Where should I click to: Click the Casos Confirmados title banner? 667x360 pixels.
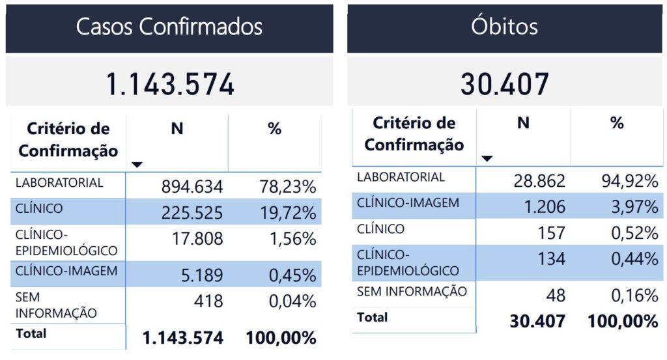coord(169,27)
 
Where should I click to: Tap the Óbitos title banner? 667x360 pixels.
coord(505,27)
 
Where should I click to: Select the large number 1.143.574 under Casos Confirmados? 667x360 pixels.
coord(169,85)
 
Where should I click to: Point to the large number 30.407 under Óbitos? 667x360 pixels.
coord(505,85)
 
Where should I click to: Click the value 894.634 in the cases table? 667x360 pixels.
coord(192,187)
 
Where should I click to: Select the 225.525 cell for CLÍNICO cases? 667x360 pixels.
coord(192,213)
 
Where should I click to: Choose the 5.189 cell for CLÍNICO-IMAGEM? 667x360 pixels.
coord(203,275)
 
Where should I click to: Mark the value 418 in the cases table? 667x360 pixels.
coord(209,301)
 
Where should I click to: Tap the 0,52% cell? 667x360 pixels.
coord(632,232)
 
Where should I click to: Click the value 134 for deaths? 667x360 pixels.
coord(551,258)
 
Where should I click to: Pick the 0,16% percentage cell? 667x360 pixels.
coord(632,296)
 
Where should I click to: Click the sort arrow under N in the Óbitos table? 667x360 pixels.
coord(487,158)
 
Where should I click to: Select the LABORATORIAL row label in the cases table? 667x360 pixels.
coord(59,183)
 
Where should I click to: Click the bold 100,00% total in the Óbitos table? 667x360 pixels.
coord(623,322)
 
